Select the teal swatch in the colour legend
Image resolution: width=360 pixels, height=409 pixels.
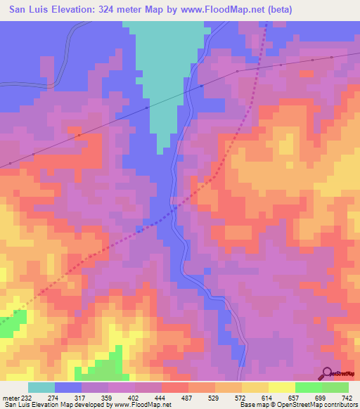[x=41, y=387]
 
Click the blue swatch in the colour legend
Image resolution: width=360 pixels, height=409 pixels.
[x=68, y=387]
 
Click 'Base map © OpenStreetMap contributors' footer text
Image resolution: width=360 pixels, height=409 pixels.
[x=299, y=404]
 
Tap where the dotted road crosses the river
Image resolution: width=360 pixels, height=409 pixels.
[x=174, y=208]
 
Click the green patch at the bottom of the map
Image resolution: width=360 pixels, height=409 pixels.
[x=105, y=370]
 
